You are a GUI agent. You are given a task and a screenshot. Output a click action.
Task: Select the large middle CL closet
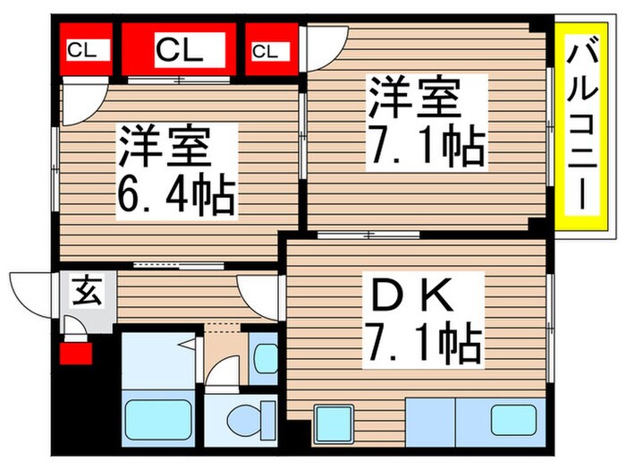[x=179, y=50]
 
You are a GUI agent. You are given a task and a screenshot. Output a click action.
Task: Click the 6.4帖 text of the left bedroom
[x=176, y=194]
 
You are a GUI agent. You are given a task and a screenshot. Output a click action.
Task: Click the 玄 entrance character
[x=86, y=291]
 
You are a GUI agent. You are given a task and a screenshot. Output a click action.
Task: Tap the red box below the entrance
[x=76, y=354]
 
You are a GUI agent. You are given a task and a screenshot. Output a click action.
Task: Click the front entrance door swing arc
[x=30, y=291]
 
